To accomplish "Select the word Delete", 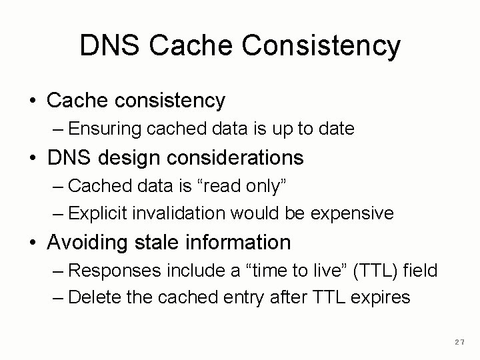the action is [x=91, y=297].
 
